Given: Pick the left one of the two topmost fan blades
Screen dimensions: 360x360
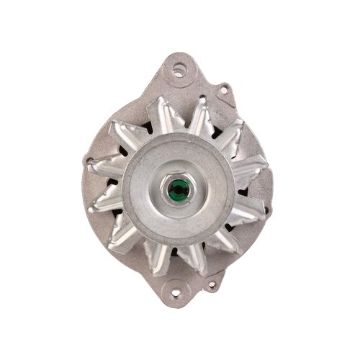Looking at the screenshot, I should [x=160, y=115].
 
